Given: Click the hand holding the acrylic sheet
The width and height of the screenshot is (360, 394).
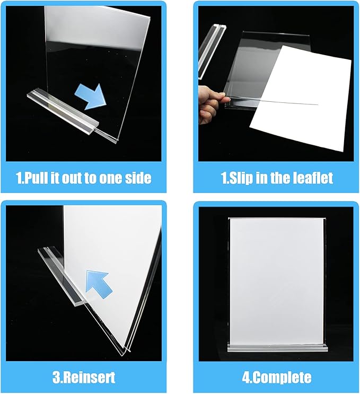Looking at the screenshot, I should pyautogui.click(x=209, y=104).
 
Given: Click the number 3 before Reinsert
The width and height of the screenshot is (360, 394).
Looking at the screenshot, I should pyautogui.click(x=56, y=378).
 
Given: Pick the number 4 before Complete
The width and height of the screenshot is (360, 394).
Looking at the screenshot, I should pyautogui.click(x=247, y=378).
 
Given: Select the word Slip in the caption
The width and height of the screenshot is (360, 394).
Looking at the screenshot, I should pyautogui.click(x=240, y=178).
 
